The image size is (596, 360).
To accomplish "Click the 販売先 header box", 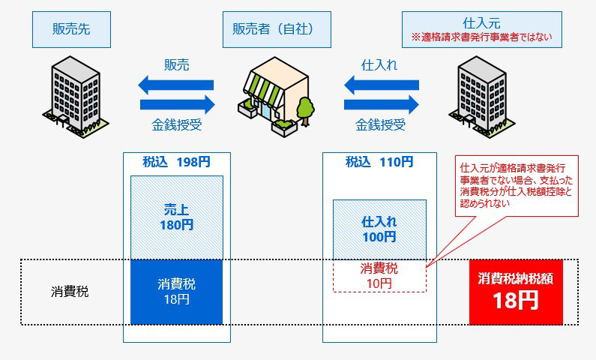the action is [71, 30].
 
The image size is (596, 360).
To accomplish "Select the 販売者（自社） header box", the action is [277, 30].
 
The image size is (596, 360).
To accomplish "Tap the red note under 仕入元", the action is [481, 37].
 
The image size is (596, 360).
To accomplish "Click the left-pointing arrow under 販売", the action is [175, 85].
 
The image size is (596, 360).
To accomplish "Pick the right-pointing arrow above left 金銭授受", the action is [178, 104].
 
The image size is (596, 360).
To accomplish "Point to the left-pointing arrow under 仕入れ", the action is [382, 85].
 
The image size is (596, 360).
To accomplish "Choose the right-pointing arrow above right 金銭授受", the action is [382, 104].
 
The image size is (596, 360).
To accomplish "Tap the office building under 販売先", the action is [75, 97].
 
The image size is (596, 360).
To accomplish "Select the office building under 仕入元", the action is [481, 97].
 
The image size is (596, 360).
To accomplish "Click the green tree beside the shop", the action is [305, 110].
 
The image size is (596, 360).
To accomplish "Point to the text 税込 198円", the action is [176, 162].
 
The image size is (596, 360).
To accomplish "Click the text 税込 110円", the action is [379, 162].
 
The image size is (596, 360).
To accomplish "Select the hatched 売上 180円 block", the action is [177, 217].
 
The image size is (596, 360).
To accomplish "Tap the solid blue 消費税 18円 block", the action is [177, 292].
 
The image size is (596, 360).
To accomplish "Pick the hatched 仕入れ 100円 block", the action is [380, 229].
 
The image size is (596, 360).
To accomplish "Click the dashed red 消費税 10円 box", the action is [380, 276].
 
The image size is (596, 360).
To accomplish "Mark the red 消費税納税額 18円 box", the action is [516, 292].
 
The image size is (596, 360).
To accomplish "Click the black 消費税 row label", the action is [70, 292].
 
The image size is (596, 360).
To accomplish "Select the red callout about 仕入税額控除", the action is [517, 186].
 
